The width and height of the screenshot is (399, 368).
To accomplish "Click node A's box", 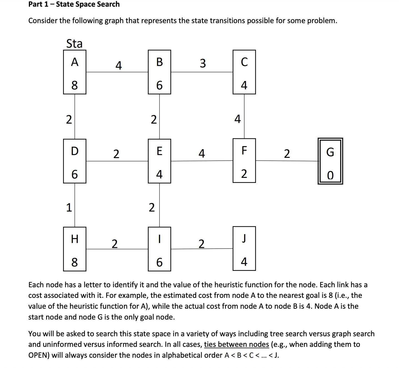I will click(74, 72).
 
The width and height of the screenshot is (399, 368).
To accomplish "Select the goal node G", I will click(330, 161).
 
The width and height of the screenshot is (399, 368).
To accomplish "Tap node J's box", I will click(244, 249).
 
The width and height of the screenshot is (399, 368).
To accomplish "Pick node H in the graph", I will click(74, 249).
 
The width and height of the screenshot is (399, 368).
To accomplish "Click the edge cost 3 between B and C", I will click(203, 63).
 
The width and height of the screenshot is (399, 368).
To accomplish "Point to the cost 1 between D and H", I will click(69, 208).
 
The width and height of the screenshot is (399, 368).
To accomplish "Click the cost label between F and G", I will click(287, 154).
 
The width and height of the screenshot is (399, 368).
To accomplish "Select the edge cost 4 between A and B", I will click(119, 66).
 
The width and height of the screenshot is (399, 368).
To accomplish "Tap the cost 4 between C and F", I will click(237, 119).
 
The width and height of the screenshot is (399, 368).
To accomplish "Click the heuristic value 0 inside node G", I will click(330, 175).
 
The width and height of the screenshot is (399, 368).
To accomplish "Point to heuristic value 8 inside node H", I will click(74, 262).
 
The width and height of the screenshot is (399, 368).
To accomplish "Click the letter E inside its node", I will click(159, 151).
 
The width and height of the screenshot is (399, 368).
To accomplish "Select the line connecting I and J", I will click(202, 249).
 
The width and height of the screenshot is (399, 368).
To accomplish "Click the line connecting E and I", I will click(159, 205).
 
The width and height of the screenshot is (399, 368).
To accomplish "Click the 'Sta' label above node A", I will click(74, 44).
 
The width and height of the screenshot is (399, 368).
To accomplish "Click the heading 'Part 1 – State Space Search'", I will click(74, 4).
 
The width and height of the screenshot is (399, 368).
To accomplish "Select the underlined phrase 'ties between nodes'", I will click(236, 344).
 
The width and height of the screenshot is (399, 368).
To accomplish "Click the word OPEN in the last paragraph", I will click(39, 355).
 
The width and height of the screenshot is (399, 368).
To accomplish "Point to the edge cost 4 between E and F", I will click(202, 154).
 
